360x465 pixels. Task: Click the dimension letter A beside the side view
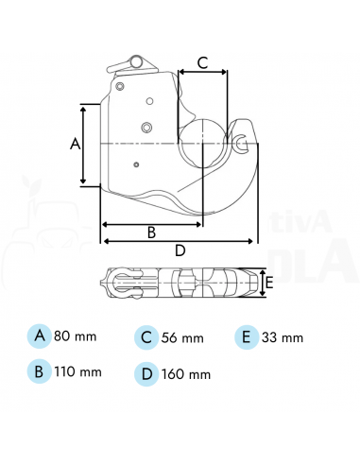pyautogui.click(x=75, y=144)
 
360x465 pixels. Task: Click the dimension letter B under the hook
pyautogui.click(x=150, y=232)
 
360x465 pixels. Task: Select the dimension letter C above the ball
pyautogui.click(x=201, y=62)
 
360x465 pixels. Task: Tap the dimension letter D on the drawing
pyautogui.click(x=180, y=250)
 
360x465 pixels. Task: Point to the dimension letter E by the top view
pyautogui.click(x=270, y=282)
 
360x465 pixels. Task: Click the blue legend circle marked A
pyautogui.click(x=39, y=336)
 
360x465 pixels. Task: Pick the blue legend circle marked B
pyautogui.click(x=39, y=370)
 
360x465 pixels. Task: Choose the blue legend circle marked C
pyautogui.click(x=146, y=336)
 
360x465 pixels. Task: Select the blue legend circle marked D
pyautogui.click(x=146, y=372)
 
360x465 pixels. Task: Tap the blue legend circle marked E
pyautogui.click(x=246, y=336)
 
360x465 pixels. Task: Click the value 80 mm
pyautogui.click(x=76, y=336)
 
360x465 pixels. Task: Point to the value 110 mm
pyautogui.click(x=79, y=371)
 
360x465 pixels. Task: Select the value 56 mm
pyautogui.click(x=182, y=337)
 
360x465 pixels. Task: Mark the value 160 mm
pyautogui.click(x=187, y=373)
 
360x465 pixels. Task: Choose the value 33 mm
pyautogui.click(x=283, y=337)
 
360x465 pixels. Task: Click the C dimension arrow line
pyautogui.click(x=201, y=73)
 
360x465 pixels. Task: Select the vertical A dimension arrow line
pyautogui.click(x=86, y=145)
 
